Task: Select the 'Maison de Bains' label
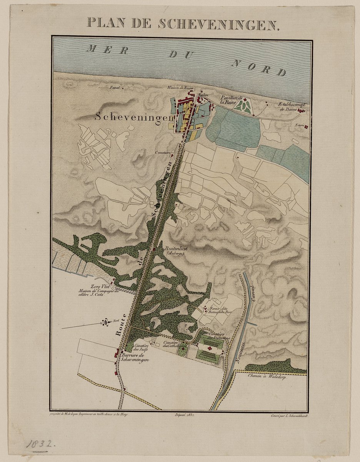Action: pyautogui.click(x=180, y=88)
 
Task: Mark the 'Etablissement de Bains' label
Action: pyautogui.click(x=291, y=107)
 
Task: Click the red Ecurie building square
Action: pyautogui.click(x=307, y=127)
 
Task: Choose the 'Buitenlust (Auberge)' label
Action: pyautogui.click(x=175, y=251)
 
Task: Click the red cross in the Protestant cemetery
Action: pyautogui.click(x=210, y=348)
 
